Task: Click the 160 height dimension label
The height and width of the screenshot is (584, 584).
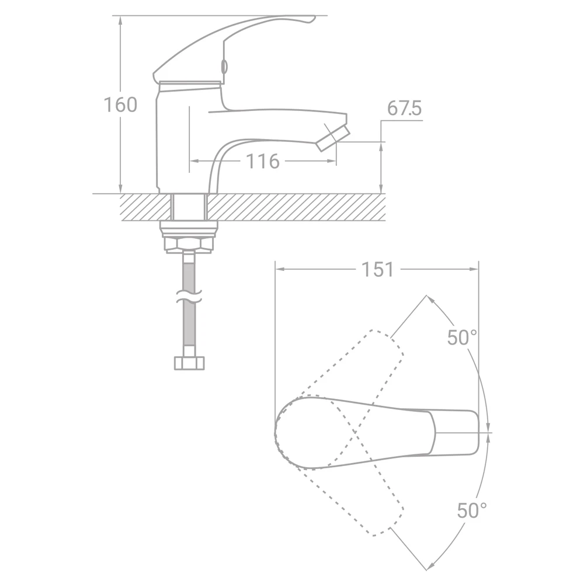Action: pyautogui.click(x=120, y=105)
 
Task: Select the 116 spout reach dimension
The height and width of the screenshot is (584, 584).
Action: pyautogui.click(x=262, y=161)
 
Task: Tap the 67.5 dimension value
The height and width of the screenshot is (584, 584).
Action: pyautogui.click(x=404, y=110)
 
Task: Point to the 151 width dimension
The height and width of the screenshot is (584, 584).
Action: pyautogui.click(x=377, y=269)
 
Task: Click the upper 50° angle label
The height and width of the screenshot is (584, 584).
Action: pyautogui.click(x=462, y=338)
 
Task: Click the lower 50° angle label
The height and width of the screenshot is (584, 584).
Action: pyautogui.click(x=471, y=510)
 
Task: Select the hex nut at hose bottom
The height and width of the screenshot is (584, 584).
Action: pyautogui.click(x=190, y=363)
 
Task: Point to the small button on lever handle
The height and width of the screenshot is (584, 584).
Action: pyautogui.click(x=224, y=67)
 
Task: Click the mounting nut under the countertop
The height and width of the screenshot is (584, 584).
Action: pyautogui.click(x=189, y=244)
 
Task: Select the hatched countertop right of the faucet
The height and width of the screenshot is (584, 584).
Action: pyautogui.click(x=298, y=207)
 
